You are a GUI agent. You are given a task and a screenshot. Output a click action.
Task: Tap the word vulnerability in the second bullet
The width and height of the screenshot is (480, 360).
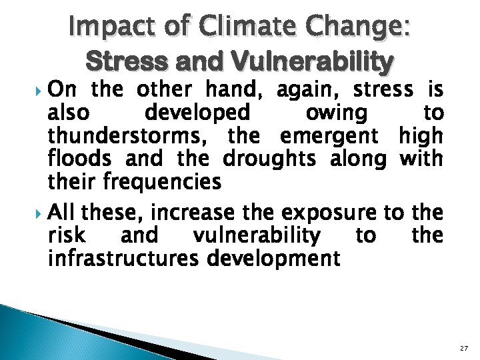pos(256,235)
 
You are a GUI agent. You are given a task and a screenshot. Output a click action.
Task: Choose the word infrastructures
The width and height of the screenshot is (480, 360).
pos(123,257)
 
